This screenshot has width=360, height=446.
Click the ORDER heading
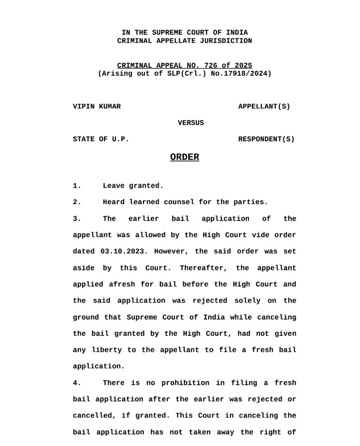[184, 157]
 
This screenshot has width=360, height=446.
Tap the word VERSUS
[191, 123]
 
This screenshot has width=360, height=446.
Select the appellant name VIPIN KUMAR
[97, 107]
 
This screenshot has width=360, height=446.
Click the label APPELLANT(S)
[264, 107]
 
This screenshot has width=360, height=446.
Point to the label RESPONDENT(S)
[266, 139]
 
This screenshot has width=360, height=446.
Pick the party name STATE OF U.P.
[101, 139]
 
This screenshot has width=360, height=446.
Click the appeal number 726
[205, 66]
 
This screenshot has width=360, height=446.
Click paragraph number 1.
[77, 186]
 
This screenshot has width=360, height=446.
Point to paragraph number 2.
[77, 203]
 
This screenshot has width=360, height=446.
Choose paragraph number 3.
[77, 219]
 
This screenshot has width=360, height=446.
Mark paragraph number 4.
[77, 383]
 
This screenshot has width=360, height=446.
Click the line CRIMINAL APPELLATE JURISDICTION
[184, 41]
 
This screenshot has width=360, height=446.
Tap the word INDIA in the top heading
[237, 33]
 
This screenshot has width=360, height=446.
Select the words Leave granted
[133, 186]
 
